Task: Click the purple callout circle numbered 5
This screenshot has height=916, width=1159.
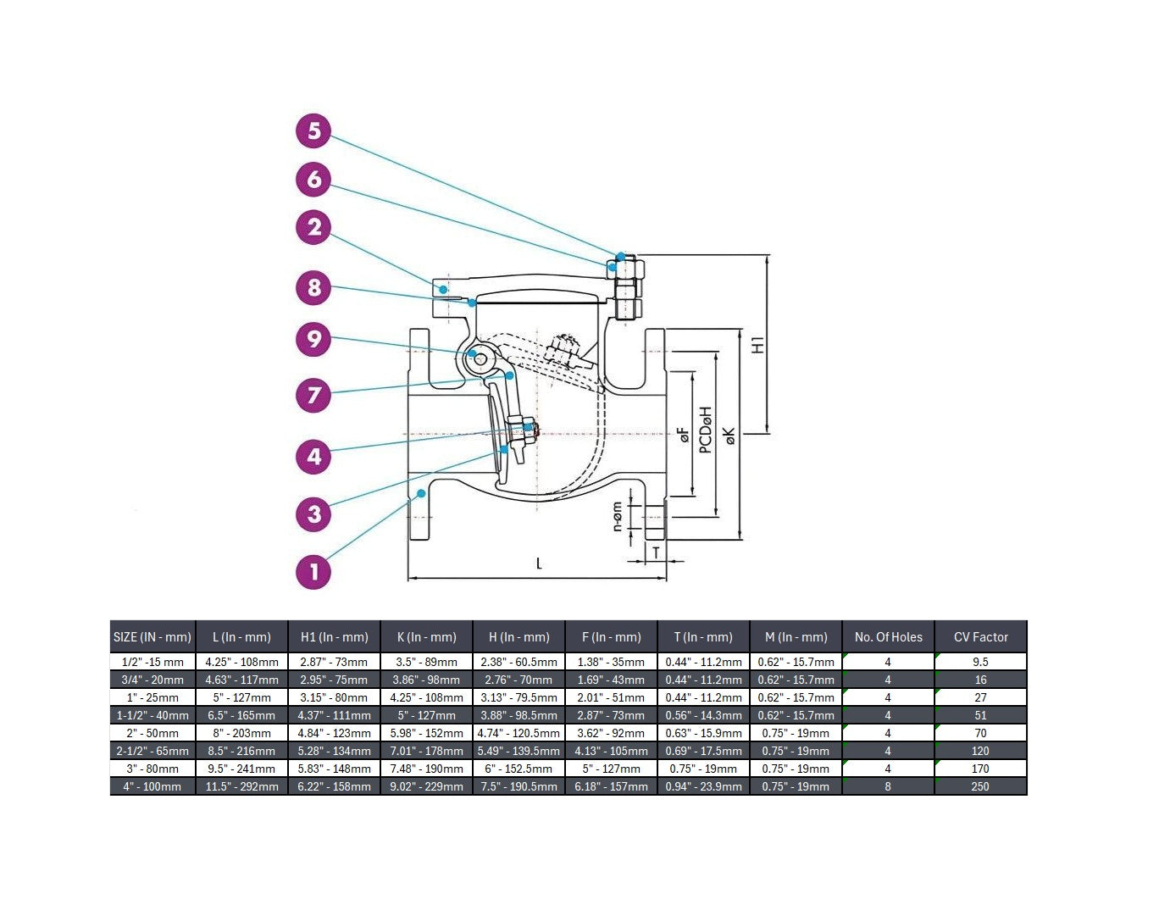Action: click(314, 131)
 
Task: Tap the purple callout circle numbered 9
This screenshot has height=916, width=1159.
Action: click(314, 339)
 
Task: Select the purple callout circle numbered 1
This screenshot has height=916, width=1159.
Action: click(314, 571)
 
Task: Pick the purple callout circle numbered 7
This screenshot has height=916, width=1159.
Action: click(314, 395)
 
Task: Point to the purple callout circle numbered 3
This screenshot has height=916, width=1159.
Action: click(314, 514)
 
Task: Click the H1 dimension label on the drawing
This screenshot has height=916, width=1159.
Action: click(758, 345)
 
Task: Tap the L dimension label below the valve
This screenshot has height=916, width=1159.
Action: click(539, 563)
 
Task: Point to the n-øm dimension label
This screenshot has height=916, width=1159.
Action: click(618, 516)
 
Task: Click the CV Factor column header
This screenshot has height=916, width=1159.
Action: click(980, 637)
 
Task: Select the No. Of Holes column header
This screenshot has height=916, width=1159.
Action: click(888, 637)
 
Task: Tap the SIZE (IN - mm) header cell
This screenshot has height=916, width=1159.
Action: click(152, 637)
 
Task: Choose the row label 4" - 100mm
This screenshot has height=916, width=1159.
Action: click(152, 786)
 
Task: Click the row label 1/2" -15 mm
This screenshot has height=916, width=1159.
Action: click(152, 662)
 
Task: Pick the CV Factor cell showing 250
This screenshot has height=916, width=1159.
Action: click(980, 786)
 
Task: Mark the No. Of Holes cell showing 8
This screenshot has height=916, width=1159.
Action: click(888, 786)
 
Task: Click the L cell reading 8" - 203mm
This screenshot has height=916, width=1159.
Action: click(241, 733)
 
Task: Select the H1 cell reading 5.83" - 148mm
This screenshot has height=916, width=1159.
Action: click(334, 769)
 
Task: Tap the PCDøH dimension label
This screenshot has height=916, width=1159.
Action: click(706, 430)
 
